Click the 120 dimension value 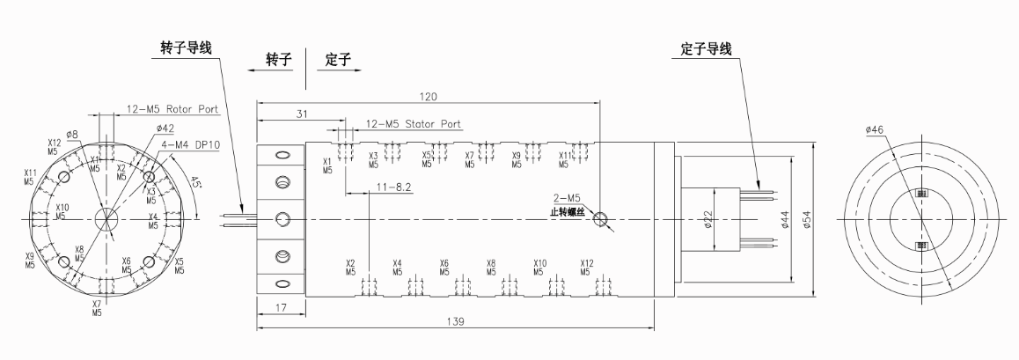coord(429,94)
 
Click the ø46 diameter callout coord(874,129)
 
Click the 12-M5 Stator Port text coord(413,124)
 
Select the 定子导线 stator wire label coord(707,49)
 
